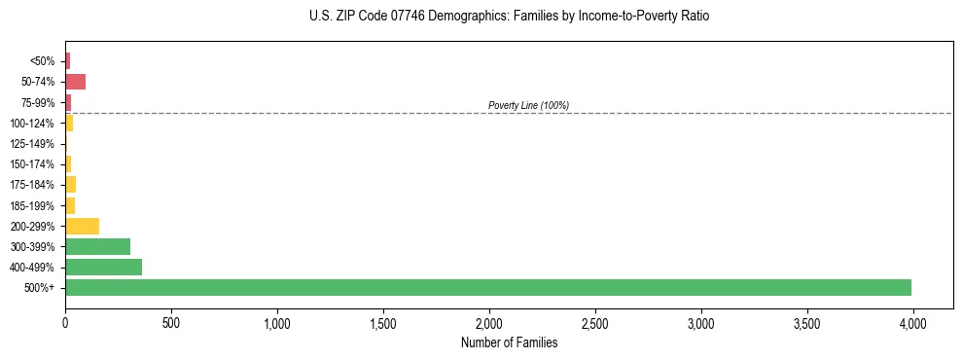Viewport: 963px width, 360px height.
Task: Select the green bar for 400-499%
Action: pos(103,267)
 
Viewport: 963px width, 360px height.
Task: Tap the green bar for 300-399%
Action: pos(97,246)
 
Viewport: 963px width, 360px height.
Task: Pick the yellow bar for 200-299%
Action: pos(82,226)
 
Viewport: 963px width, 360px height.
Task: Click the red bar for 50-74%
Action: pos(75,81)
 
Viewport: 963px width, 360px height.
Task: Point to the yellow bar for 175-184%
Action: pos(70,184)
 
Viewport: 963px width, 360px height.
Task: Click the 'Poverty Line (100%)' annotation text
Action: pos(528,105)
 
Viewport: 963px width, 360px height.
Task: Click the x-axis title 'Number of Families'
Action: pos(510,342)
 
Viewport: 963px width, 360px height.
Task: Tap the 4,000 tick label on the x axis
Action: pos(912,321)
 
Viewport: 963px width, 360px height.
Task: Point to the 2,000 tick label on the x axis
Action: pos(488,321)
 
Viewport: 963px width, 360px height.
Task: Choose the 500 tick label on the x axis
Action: pos(171,321)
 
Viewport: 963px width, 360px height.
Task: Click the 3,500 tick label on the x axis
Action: pos(806,321)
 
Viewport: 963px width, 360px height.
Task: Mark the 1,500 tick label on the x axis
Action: pos(382,321)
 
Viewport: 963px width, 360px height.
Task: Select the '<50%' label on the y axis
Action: pos(43,60)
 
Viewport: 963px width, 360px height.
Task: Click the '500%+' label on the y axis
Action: pos(41,288)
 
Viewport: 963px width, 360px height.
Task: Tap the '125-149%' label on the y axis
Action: pos(33,143)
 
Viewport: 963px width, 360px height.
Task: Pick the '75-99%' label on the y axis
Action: pos(37,102)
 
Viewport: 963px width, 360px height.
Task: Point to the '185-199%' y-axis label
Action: pos(33,205)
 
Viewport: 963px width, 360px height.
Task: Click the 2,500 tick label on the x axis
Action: pos(594,321)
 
